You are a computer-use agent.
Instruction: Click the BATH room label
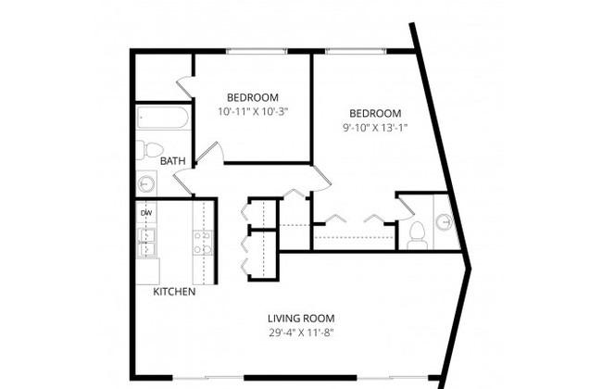(x=173, y=161)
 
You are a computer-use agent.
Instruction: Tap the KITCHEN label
(x=174, y=292)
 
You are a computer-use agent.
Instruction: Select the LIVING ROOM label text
(x=301, y=319)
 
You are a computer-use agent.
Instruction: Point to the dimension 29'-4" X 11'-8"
(x=301, y=333)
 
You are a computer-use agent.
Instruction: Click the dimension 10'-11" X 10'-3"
(x=253, y=112)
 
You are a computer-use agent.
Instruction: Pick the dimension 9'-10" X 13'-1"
(x=375, y=128)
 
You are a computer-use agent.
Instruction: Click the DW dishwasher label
(x=146, y=213)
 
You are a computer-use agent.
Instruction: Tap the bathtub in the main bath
(x=163, y=118)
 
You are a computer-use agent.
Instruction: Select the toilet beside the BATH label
(x=150, y=150)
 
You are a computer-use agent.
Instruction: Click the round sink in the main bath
(x=146, y=184)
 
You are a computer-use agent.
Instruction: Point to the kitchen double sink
(x=146, y=243)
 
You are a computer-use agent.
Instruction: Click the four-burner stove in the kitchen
(x=203, y=243)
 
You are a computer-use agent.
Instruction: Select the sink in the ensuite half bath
(x=445, y=221)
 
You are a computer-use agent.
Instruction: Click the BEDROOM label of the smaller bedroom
(x=253, y=97)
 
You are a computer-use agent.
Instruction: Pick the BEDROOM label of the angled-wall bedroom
(x=375, y=114)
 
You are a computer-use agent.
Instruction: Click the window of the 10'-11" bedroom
(x=256, y=51)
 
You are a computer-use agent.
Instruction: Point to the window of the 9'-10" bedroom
(x=356, y=51)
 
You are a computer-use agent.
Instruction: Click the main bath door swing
(x=183, y=183)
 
